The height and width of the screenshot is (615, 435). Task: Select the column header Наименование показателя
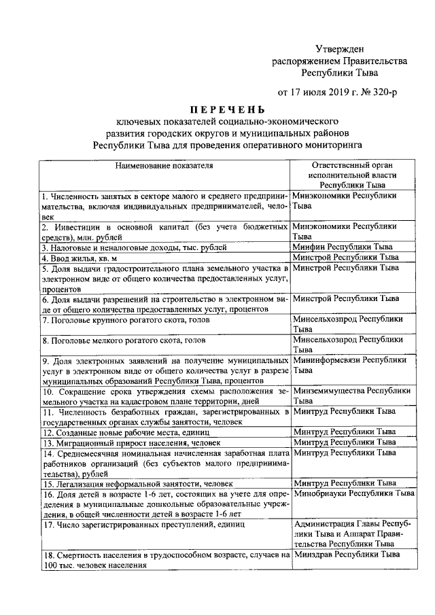(164, 164)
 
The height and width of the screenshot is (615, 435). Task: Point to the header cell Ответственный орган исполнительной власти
(353, 174)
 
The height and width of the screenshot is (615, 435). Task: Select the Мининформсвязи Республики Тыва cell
(351, 365)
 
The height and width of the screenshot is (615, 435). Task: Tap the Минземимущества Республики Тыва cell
(351, 396)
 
